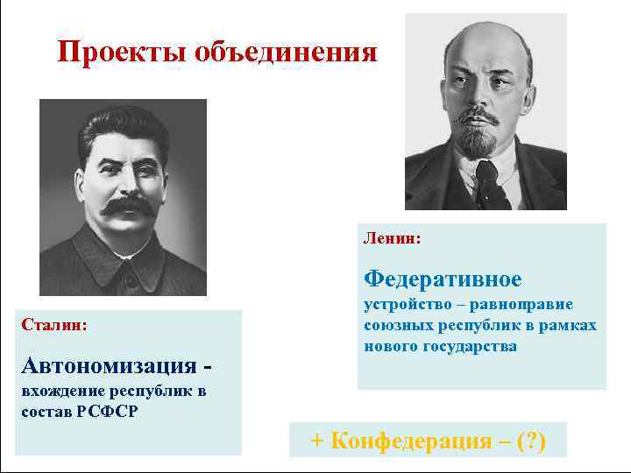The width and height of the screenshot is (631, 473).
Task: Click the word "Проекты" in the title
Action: pos(115,53)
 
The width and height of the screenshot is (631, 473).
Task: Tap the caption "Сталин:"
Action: pos(53,324)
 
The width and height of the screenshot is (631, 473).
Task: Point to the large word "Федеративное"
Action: pos(443,279)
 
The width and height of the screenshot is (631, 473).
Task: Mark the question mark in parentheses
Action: pos(530,441)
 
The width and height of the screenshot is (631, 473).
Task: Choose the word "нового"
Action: pos(387,346)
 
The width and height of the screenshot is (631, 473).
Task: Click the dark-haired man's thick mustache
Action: pos(124,207)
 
